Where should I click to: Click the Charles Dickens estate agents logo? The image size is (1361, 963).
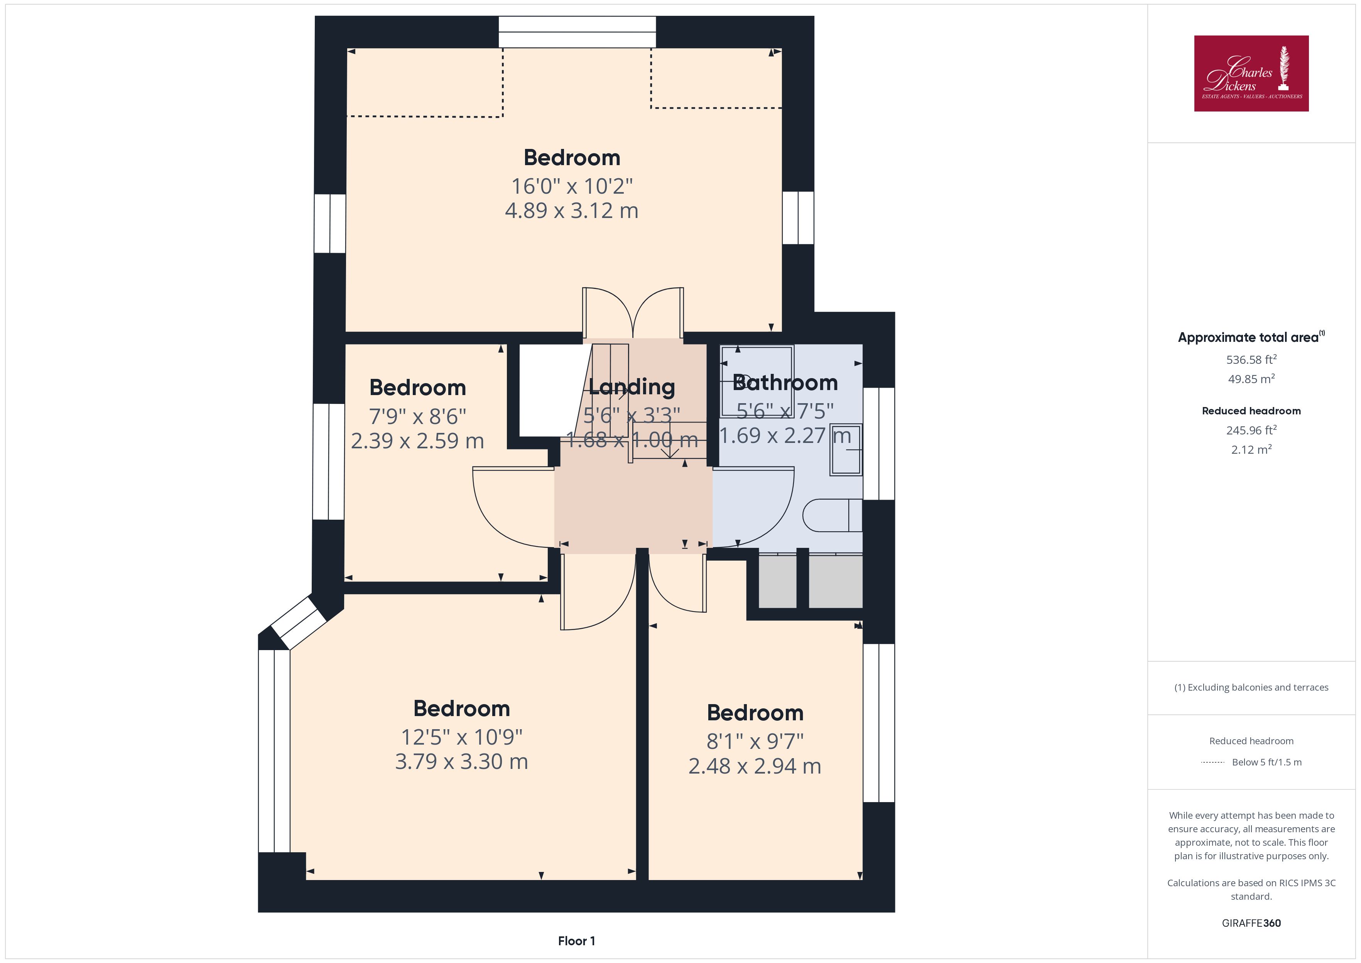coord(1251,74)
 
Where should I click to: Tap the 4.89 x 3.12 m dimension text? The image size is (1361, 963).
coord(571,211)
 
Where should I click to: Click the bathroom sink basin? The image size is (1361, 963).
coord(846,449)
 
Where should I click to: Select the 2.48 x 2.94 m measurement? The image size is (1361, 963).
coord(755,766)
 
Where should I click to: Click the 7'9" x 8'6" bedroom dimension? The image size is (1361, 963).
coord(417,416)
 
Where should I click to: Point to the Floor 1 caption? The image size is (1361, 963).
coord(576,941)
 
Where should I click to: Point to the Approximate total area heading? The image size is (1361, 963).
coord(1251,337)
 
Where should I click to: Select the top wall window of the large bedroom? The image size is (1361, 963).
coord(577,32)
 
